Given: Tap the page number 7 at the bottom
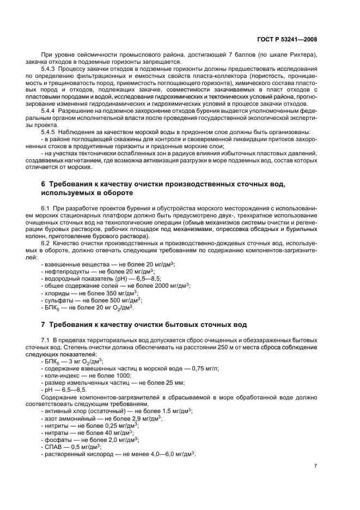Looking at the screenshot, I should [x=315, y=466].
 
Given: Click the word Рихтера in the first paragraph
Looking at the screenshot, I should [x=298, y=55].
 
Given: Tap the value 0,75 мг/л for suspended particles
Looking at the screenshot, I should [x=197, y=368].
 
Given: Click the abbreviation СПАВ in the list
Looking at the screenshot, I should [x=53, y=446].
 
